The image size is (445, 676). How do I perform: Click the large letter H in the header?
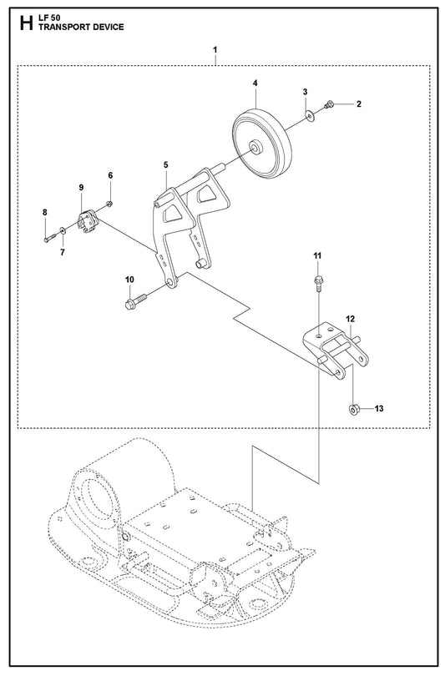coord(26,23)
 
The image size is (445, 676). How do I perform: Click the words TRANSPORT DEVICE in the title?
coord(81,27)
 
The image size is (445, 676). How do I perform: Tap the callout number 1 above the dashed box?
coord(215,50)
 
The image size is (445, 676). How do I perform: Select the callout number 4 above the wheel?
coord(255,83)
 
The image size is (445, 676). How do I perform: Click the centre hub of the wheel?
coord(255,147)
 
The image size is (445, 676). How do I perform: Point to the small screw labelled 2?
coord(329,103)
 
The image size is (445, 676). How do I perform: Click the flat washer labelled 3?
coord(310,115)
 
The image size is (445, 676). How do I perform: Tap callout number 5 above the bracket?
coord(166,164)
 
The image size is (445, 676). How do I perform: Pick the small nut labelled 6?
coord(109,203)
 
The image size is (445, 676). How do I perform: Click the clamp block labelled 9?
coord(88,221)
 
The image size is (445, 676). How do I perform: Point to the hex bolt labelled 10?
coord(135,300)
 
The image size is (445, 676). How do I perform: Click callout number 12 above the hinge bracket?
coord(350,319)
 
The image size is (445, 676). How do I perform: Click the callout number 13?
coord(378,408)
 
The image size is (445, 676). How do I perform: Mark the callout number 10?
coord(129,280)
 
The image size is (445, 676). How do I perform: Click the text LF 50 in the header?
coord(49,18)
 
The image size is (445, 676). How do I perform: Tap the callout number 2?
coord(359,103)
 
